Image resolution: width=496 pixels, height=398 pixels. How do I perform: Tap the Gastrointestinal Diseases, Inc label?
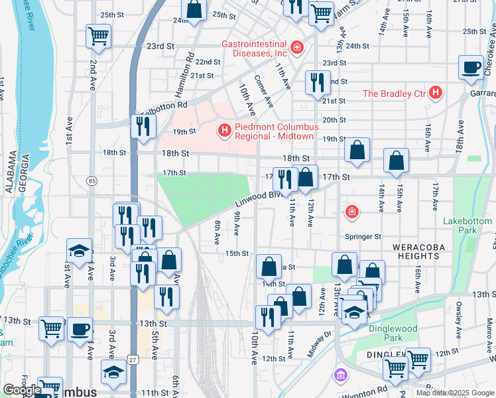coord(254,48)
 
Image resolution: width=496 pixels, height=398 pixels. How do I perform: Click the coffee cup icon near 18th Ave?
coord(471,68)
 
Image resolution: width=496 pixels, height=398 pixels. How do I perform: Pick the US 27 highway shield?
coord(135,359)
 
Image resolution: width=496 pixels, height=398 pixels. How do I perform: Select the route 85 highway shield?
coord(92,180)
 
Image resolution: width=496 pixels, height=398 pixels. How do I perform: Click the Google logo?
coord(22,390)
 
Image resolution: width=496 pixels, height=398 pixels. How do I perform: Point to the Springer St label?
coord(363,236)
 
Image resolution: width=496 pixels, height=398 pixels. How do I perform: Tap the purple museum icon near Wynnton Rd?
coord(340,376)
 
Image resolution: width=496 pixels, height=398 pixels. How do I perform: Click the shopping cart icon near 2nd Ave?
coord(98,36)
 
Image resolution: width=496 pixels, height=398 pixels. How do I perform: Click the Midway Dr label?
coord(318,340)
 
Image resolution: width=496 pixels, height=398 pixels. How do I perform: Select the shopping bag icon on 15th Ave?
coord(396,161)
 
